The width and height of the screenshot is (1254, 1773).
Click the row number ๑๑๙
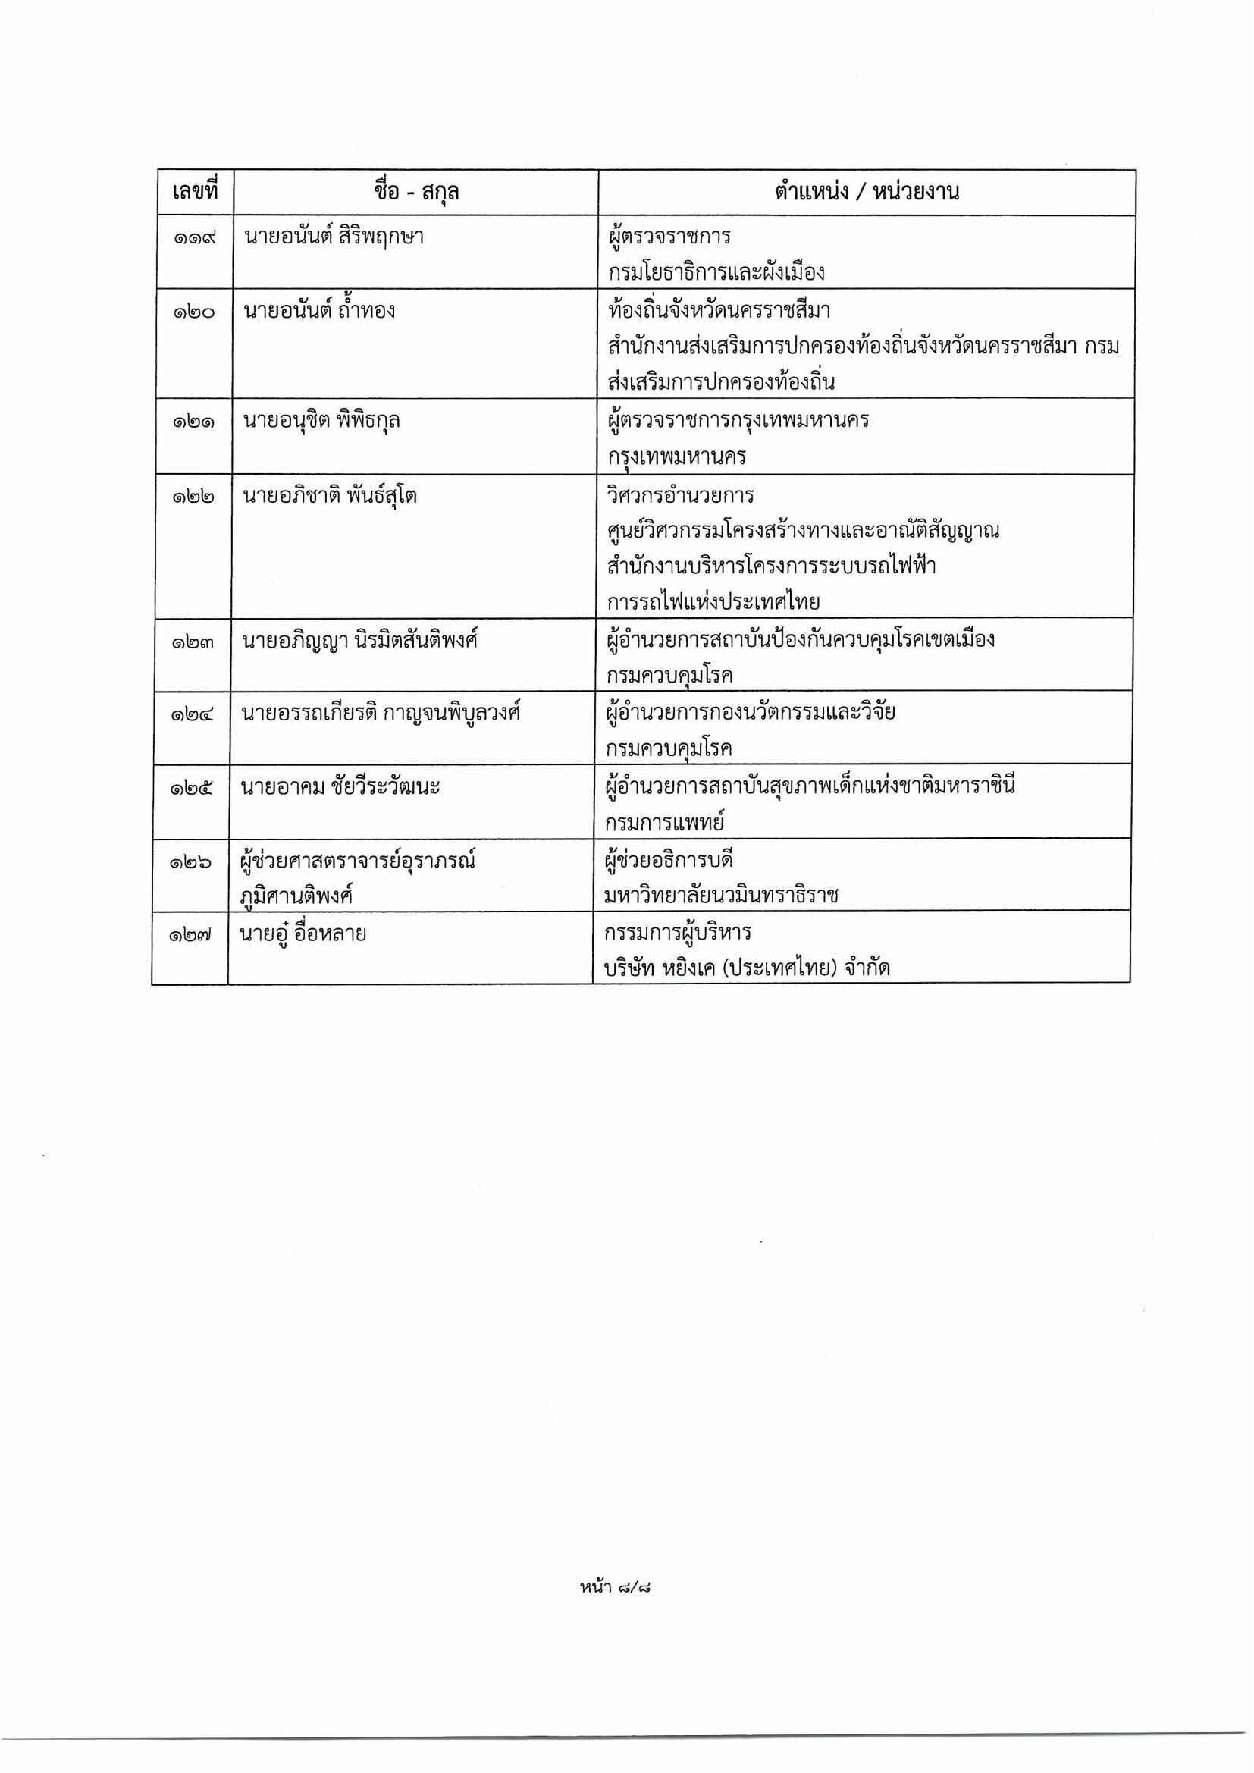(194, 237)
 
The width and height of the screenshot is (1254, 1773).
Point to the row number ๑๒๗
(190, 935)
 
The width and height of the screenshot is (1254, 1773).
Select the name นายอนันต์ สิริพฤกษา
(334, 237)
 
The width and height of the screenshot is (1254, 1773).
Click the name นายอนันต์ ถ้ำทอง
(319, 310)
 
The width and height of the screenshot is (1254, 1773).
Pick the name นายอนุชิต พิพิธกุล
(321, 421)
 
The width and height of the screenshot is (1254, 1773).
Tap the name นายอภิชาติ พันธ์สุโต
(330, 495)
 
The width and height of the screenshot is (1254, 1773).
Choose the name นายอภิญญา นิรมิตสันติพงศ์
(359, 640)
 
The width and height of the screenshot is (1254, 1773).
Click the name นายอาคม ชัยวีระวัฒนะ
(340, 788)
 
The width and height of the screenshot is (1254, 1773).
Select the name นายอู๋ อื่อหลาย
(303, 934)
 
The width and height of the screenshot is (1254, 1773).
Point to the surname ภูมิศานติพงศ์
(296, 896)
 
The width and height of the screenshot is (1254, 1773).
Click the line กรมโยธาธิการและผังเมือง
(716, 272)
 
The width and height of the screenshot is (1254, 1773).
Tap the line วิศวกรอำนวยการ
(680, 495)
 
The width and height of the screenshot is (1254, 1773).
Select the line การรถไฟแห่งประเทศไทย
(713, 601)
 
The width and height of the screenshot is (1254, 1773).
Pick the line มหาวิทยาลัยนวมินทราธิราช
(722, 896)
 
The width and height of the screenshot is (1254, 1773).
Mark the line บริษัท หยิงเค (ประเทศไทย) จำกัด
(748, 968)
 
